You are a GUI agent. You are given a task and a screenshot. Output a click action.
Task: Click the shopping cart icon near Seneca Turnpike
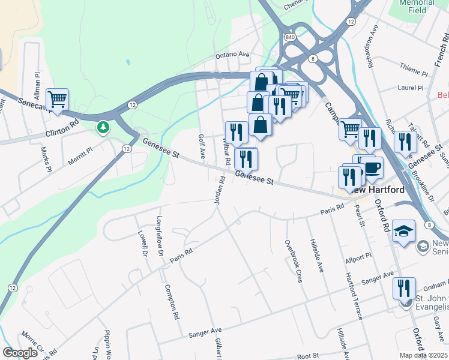[x=57, y=99]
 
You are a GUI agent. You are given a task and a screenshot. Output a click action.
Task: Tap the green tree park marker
[x=104, y=127]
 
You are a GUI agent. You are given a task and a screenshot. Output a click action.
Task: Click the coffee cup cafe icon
[x=373, y=167]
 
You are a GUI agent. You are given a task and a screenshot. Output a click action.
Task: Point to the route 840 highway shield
[x=291, y=37]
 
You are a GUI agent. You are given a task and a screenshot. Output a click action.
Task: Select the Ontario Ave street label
[x=232, y=54]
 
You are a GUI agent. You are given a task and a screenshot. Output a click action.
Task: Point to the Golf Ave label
[x=202, y=147]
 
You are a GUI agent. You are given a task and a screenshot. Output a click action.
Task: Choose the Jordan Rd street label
[x=219, y=189]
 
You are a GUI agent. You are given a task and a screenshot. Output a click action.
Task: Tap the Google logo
[x=20, y=353]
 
